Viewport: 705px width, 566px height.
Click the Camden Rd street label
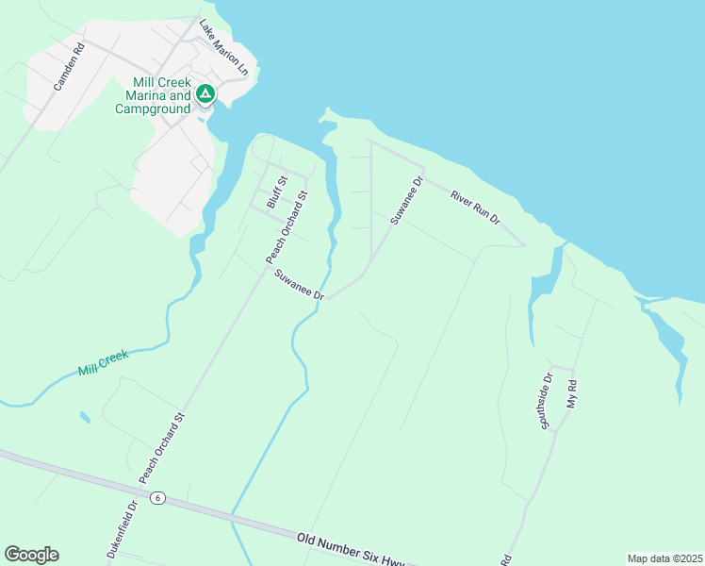click(x=69, y=66)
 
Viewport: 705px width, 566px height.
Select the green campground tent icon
click(x=205, y=94)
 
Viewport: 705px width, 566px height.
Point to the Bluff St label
click(x=275, y=191)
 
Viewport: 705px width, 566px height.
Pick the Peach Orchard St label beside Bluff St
click(x=287, y=228)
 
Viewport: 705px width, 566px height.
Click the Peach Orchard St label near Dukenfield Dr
click(x=162, y=448)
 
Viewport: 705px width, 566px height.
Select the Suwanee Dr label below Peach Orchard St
click(x=300, y=285)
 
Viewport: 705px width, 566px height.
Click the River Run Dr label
click(x=474, y=207)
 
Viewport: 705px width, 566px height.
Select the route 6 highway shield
click(x=157, y=497)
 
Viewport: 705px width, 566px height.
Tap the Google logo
click(x=31, y=555)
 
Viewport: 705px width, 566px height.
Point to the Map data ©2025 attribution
click(x=664, y=558)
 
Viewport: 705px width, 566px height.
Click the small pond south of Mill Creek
click(x=86, y=416)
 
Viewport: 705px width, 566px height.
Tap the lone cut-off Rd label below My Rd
click(x=506, y=559)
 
